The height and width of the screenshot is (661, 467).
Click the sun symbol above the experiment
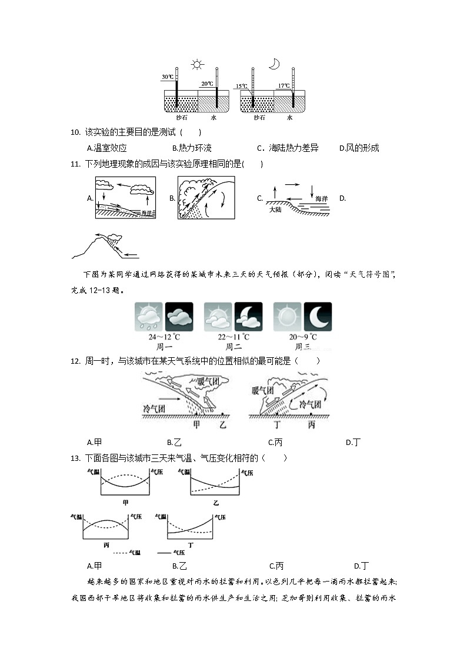click(x=197, y=64)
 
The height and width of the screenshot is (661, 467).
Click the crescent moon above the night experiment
click(x=273, y=64)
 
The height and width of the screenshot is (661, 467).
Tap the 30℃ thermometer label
click(x=168, y=77)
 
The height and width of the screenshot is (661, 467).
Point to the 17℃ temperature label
click(x=283, y=85)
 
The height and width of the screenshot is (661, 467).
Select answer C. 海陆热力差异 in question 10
click(x=288, y=148)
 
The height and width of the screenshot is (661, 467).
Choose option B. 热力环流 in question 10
click(x=191, y=148)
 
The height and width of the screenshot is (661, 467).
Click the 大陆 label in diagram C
click(x=276, y=209)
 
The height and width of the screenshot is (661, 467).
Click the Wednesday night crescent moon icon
click(x=318, y=317)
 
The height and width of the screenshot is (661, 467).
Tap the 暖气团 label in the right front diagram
click(x=262, y=390)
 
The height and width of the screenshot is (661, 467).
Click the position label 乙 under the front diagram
click(x=222, y=424)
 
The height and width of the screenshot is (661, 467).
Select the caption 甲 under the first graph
click(x=125, y=502)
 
